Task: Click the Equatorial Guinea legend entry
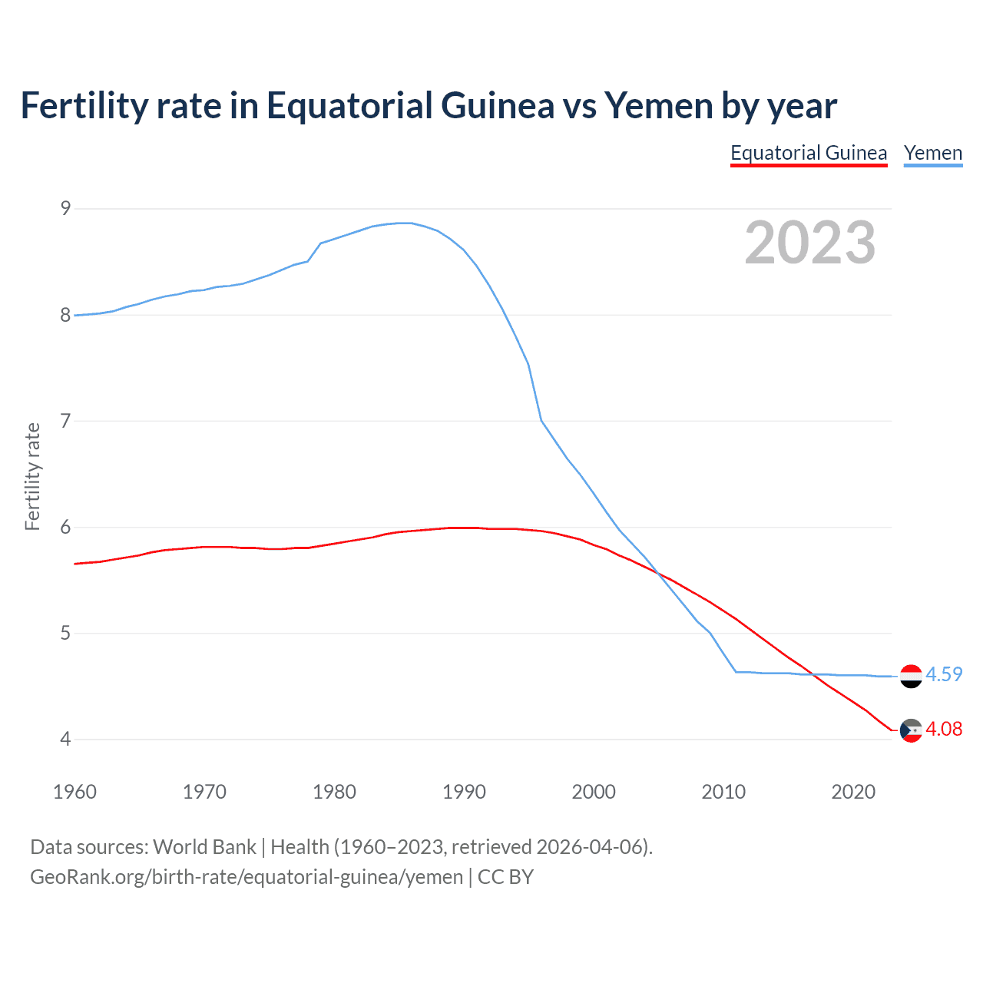click(809, 153)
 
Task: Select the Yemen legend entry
click(933, 153)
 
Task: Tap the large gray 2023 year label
click(810, 243)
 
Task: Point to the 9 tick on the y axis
click(65, 208)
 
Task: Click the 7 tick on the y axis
click(65, 421)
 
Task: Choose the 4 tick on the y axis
click(65, 740)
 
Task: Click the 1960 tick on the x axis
click(74, 792)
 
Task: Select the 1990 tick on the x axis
click(464, 792)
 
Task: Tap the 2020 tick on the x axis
click(853, 792)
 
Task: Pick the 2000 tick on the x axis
click(594, 792)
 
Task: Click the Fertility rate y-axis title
click(32, 476)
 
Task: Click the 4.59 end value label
click(944, 674)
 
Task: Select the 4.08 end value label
click(944, 729)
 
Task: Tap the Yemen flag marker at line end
click(911, 676)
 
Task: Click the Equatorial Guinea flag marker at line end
click(911, 730)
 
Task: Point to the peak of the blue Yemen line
click(405, 223)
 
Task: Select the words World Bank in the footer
click(204, 847)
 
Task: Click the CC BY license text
click(505, 877)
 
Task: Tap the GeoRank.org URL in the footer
click(247, 877)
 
